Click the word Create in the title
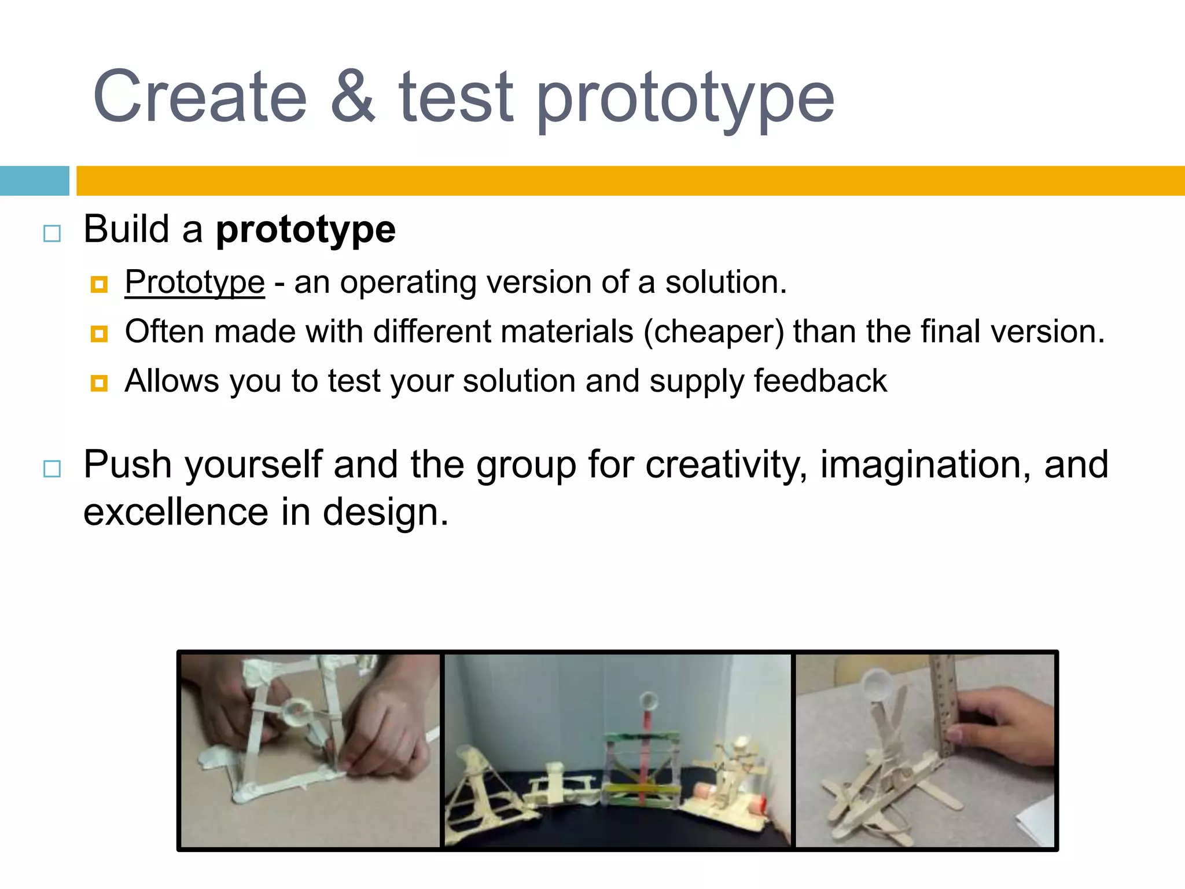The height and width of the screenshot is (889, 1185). point(200,97)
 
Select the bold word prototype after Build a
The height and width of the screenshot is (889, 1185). point(306,229)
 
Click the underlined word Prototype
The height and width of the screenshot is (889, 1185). point(194,282)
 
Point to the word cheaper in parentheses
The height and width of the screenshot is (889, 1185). point(714,332)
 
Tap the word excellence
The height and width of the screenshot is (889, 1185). point(175,512)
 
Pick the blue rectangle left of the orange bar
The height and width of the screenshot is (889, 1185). point(34,181)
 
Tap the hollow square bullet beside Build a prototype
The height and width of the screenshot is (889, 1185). point(52,233)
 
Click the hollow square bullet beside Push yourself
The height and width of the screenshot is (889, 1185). point(52,468)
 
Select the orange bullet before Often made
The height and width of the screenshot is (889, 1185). point(99,334)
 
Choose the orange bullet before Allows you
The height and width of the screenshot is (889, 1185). point(99,383)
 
